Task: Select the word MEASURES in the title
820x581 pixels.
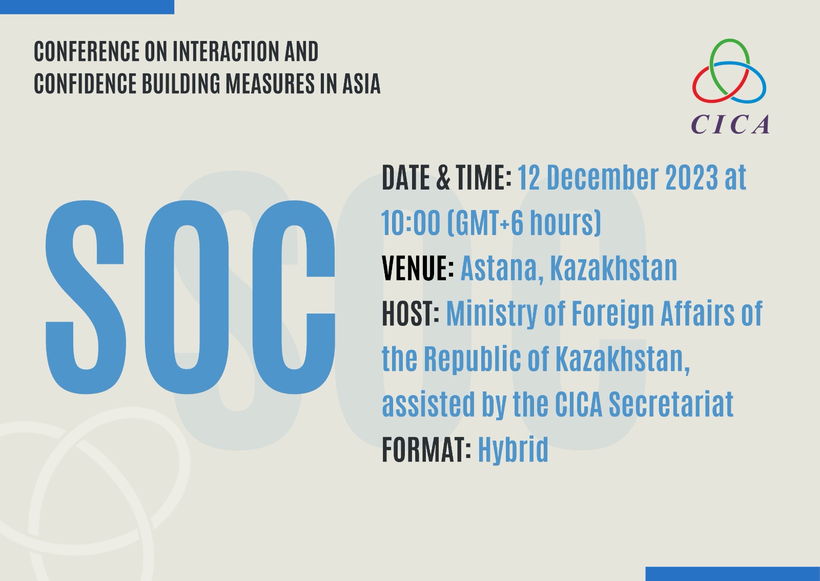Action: coord(270,84)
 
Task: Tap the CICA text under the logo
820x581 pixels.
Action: coord(730,125)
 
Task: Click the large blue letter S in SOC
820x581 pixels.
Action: coord(85,297)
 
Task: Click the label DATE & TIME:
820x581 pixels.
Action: coord(446,178)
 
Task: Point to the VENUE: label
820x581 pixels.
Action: coord(418,268)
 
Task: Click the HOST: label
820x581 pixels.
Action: coord(411,314)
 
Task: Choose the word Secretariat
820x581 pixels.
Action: coord(671,404)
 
